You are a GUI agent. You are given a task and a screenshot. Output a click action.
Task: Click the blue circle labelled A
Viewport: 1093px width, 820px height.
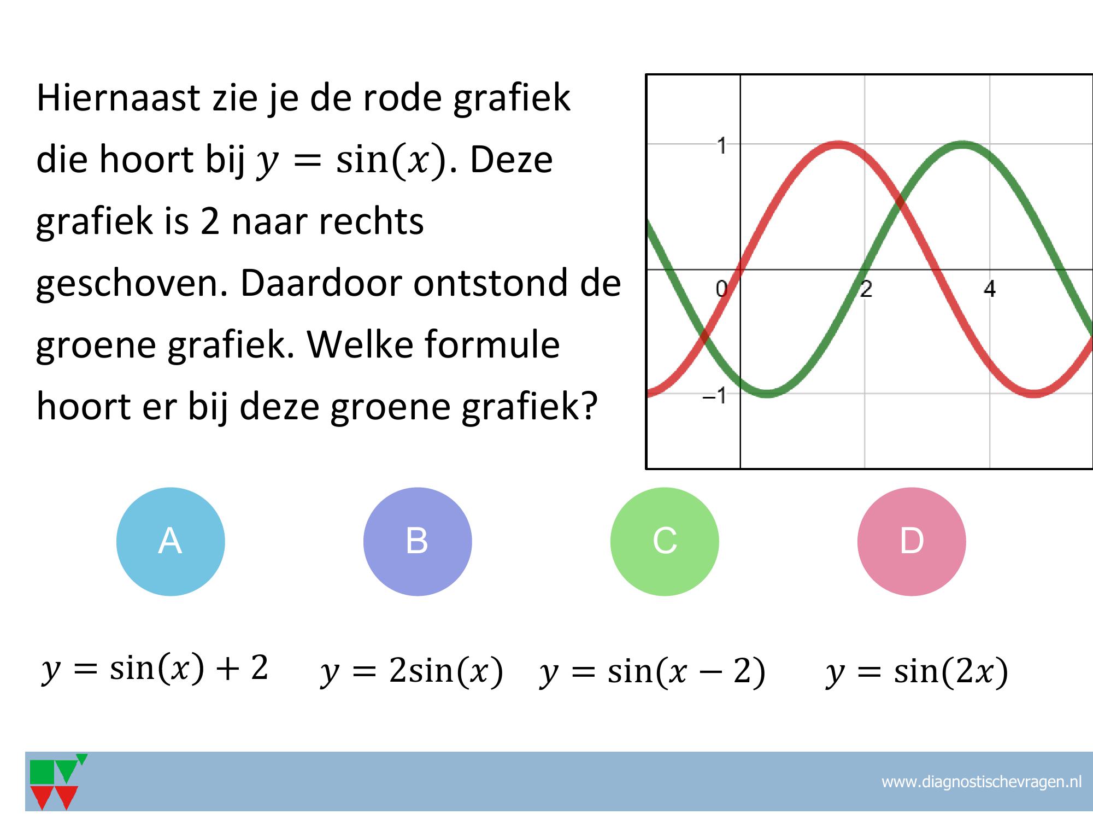[171, 541]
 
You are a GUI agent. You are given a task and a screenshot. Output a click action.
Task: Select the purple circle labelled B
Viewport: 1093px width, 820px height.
[418, 541]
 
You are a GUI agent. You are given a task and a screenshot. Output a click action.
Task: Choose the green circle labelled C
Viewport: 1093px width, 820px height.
[665, 541]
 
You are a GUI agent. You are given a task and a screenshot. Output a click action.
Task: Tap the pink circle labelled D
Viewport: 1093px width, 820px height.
[912, 541]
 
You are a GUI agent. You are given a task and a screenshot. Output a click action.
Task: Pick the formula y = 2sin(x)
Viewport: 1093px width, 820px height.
[412, 671]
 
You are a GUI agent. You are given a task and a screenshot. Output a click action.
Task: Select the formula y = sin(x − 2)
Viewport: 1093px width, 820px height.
[653, 671]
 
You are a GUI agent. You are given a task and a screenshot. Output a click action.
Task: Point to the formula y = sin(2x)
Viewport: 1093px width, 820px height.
[916, 671]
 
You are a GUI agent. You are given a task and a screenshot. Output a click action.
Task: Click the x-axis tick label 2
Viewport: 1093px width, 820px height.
[866, 289]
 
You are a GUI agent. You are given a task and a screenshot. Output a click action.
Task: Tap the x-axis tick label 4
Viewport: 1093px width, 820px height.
[990, 289]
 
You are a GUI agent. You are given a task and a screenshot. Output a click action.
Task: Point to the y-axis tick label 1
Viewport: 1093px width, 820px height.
[722, 146]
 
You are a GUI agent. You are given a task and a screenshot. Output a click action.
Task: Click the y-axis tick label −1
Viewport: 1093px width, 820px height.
[715, 395]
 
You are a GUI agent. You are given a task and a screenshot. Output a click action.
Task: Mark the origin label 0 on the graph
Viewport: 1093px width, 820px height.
[721, 288]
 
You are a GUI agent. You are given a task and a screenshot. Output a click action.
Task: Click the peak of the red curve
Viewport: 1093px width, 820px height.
[838, 145]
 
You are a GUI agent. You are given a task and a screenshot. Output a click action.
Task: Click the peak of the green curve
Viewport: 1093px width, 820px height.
[962, 145]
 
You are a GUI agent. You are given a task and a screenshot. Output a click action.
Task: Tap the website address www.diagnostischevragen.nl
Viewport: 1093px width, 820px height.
[982, 782]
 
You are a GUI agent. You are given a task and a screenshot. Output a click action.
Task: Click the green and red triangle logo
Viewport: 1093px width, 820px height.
[58, 782]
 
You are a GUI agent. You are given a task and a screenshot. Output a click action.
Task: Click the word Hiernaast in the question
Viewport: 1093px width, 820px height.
[118, 98]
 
